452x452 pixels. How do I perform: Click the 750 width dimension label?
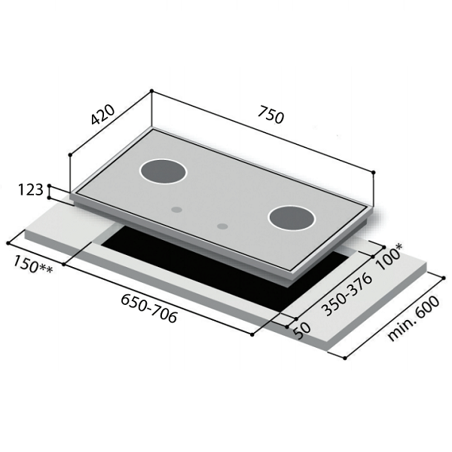click(x=270, y=115)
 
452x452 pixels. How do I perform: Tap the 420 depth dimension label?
click(x=102, y=115)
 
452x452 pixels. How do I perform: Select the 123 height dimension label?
click(x=31, y=190)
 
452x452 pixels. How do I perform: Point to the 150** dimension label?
click(x=33, y=264)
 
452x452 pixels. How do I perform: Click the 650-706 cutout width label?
click(x=148, y=308)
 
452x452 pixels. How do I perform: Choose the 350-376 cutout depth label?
click(x=347, y=294)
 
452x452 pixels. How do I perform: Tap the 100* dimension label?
click(x=389, y=257)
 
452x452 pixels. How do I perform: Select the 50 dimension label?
click(x=302, y=331)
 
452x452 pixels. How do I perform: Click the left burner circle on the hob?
click(x=163, y=171)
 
